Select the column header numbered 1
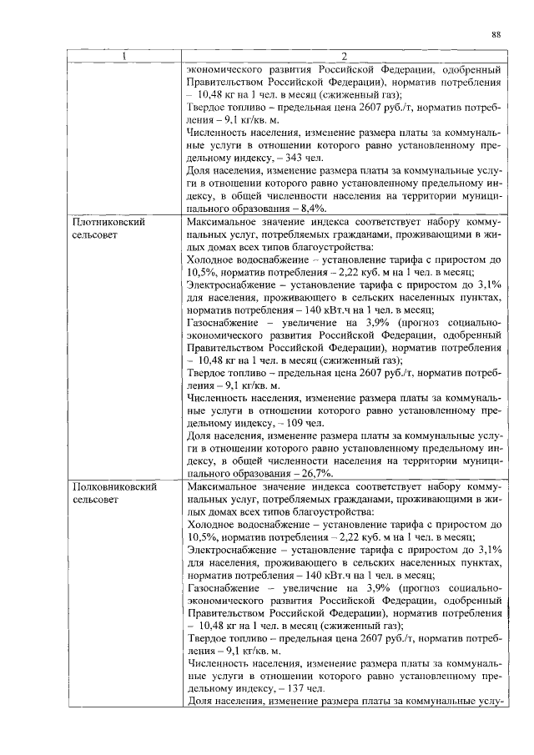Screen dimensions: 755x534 [124, 58]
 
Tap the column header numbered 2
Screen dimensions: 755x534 [344, 58]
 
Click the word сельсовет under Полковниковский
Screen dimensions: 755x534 [98, 498]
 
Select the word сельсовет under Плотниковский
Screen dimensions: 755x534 [98, 237]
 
